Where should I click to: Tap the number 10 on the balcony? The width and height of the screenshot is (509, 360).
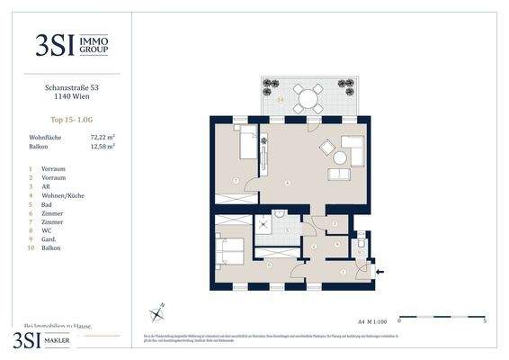[281, 99]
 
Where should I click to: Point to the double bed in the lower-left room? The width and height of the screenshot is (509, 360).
[233, 251]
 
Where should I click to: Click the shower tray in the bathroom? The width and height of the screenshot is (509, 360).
[265, 226]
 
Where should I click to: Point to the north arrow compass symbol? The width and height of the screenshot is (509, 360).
[158, 311]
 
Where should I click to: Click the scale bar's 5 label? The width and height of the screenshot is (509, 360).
[484, 319]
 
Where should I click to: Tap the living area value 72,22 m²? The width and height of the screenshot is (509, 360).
[102, 137]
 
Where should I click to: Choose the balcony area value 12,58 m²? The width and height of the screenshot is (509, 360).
[102, 146]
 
